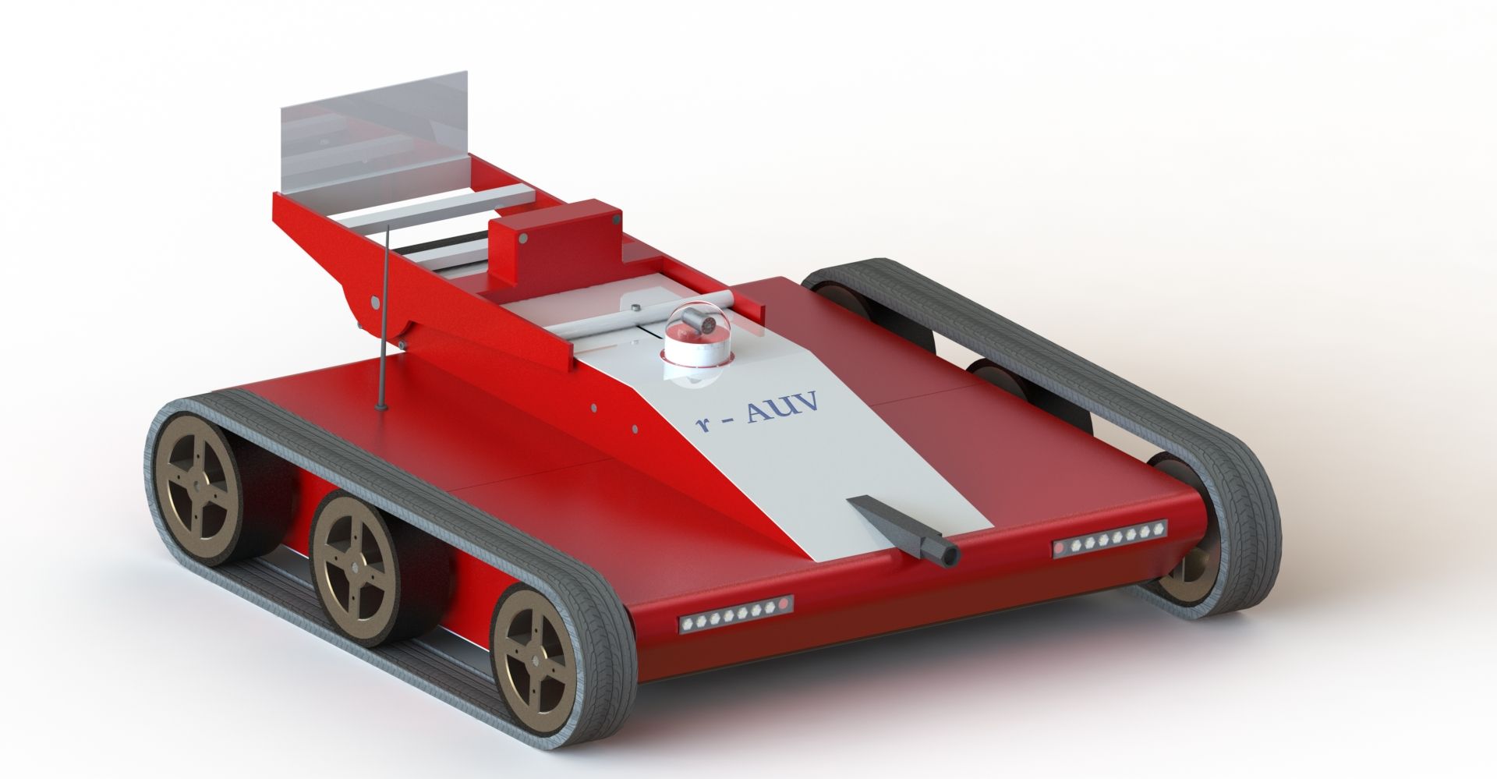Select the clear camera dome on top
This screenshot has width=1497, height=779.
click(x=695, y=328)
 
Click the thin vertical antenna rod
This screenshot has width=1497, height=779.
click(x=384, y=312)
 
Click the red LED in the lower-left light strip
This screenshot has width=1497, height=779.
click(x=784, y=604)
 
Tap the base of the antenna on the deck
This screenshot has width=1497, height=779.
click(x=380, y=406)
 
